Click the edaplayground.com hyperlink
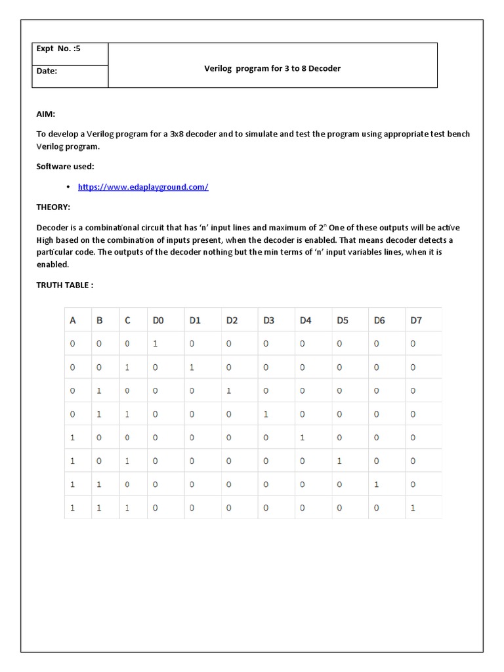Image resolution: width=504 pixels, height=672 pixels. coord(143,187)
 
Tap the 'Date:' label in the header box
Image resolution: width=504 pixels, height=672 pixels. coord(47,71)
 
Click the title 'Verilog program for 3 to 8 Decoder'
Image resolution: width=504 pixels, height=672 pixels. coord(272,68)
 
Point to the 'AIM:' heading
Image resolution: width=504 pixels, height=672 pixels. coord(46,114)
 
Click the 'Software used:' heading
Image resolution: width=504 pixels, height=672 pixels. coord(66,167)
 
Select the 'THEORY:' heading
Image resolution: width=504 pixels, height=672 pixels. coord(53,207)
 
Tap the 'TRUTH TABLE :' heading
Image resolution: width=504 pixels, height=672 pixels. coord(65,286)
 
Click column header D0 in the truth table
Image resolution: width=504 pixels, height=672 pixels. coord(158,320)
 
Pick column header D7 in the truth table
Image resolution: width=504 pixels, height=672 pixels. coord(416,320)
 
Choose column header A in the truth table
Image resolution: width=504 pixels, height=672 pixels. coord(73,320)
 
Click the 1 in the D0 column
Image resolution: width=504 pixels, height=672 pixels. coord(156,343)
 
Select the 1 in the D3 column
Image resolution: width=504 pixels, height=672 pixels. coord(266,414)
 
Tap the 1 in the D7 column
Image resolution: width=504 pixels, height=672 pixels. coord(413,508)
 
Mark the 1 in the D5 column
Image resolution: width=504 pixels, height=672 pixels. coord(339,461)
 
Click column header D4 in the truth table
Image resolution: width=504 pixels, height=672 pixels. coord(306,320)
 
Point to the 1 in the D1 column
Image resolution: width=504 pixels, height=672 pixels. coord(192,367)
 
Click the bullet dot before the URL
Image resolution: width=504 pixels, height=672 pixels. coord(68,187)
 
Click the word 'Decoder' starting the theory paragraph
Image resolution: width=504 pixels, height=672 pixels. coord(52,228)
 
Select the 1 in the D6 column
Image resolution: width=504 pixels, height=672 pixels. coord(376,485)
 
